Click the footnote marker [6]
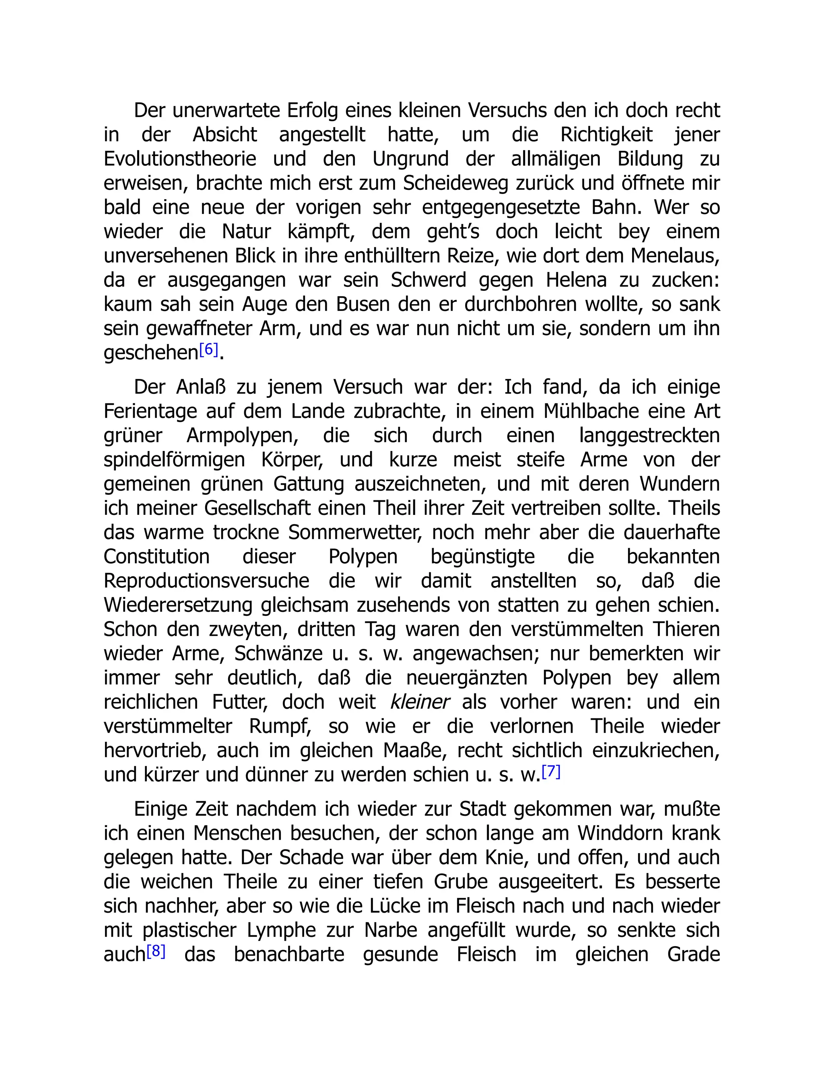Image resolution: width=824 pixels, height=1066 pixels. [208, 350]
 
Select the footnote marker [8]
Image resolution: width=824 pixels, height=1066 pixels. [156, 951]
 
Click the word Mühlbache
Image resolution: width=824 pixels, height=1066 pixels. [591, 412]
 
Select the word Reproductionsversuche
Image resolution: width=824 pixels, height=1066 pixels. [206, 581]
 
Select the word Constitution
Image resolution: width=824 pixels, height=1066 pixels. [157, 557]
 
